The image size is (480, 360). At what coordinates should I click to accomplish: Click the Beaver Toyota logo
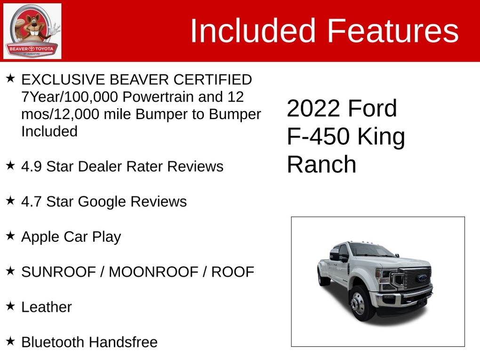tap(32, 31)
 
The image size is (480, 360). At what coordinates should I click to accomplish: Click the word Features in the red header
tap(393, 31)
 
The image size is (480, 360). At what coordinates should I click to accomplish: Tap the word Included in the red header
tap(253, 31)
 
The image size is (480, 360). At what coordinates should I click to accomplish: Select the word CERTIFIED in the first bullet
tap(213, 80)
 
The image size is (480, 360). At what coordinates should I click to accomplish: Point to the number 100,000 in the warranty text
tap(91, 97)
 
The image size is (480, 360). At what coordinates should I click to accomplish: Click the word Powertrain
tap(158, 97)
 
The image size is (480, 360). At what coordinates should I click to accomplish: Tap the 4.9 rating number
tap(31, 167)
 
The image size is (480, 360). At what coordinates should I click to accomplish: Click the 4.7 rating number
tap(31, 202)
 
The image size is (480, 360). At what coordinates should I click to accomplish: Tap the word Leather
tap(47, 307)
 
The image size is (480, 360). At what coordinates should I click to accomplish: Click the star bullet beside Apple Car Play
tap(10, 235)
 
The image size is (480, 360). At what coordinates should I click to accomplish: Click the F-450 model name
tap(318, 136)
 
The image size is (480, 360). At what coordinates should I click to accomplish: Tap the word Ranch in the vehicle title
tap(321, 164)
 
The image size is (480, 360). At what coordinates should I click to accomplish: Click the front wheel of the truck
tap(360, 304)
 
